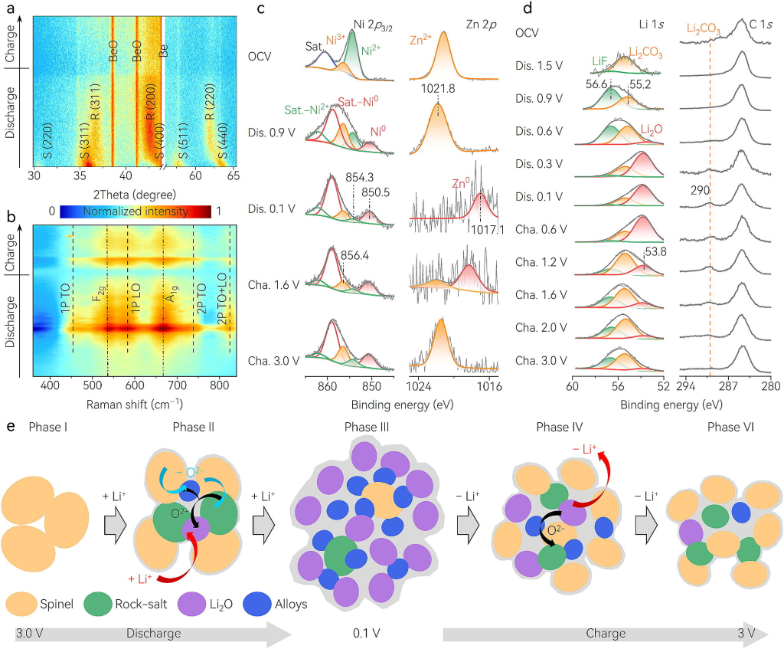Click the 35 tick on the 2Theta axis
click(x=85, y=175)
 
